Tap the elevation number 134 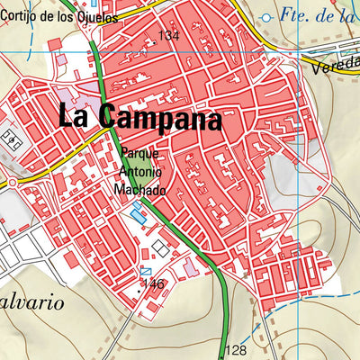[x=168, y=35]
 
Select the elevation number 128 [x=236, y=350]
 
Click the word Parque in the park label [x=139, y=154]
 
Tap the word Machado [x=140, y=190]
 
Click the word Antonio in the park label [x=139, y=172]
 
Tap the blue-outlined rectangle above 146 [x=146, y=270]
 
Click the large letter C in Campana [x=110, y=116]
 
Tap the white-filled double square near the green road [x=159, y=247]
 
